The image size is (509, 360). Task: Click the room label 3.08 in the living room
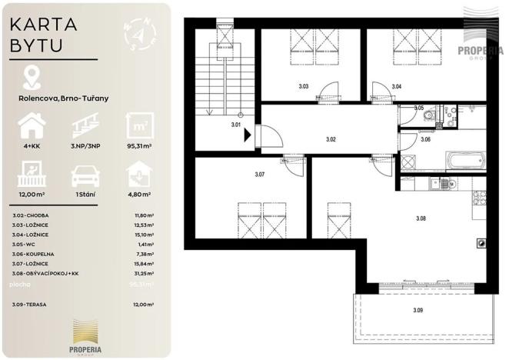421,219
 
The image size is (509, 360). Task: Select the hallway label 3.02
331,139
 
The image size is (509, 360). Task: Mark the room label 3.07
260,175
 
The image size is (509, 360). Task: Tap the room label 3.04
396,87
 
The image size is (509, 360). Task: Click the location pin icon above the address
32,76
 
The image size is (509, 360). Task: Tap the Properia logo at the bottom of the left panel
86,335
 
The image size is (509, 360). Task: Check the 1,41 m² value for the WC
142,245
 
